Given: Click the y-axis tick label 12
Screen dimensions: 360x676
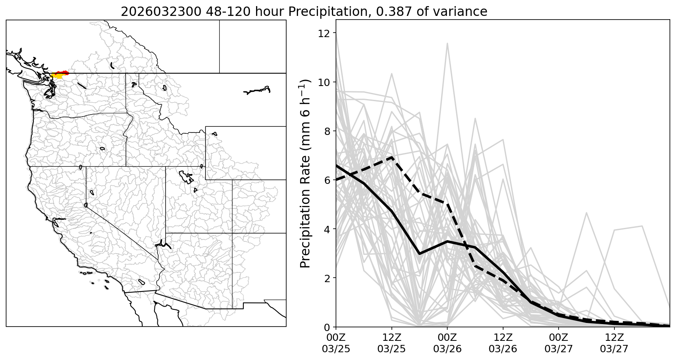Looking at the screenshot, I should click(x=324, y=33).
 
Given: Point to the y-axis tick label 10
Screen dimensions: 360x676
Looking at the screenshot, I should click(x=324, y=82).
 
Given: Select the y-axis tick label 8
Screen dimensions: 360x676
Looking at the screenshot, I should click(x=327, y=131).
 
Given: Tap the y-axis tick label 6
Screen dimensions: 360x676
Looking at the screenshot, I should click(x=327, y=180).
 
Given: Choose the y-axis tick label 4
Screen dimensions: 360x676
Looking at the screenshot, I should click(x=327, y=229).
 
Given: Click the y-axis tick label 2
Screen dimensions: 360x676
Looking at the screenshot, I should click(x=327, y=278).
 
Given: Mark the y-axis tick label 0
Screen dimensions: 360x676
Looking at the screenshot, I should click(x=327, y=327).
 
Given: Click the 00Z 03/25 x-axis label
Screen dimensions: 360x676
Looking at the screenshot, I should click(x=336, y=343).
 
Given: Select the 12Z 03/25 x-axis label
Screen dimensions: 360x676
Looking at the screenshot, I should click(x=392, y=343).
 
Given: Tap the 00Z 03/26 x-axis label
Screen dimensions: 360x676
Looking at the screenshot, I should click(x=447, y=343).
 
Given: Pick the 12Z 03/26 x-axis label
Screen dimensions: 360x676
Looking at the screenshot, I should click(x=503, y=343).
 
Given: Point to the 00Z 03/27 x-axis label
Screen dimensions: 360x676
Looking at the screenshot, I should click(x=559, y=343).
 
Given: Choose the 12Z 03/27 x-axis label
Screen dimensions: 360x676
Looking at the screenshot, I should click(x=614, y=343).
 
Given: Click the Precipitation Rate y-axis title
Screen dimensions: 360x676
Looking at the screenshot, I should click(x=306, y=173).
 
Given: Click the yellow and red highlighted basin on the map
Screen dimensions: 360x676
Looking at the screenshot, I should click(x=59, y=75).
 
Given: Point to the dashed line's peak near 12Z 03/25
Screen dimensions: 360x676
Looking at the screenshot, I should click(x=392, y=157).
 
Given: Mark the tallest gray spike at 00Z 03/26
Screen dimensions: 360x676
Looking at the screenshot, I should click(x=447, y=43).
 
